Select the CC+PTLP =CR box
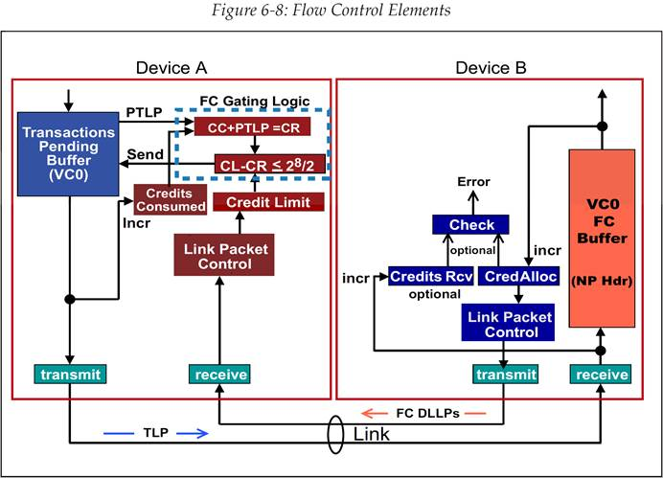click(x=253, y=126)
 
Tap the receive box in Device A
click(x=219, y=374)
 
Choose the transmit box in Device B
click(x=504, y=374)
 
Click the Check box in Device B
click(x=471, y=225)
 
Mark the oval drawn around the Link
click(x=336, y=435)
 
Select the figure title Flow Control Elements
click(x=331, y=12)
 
